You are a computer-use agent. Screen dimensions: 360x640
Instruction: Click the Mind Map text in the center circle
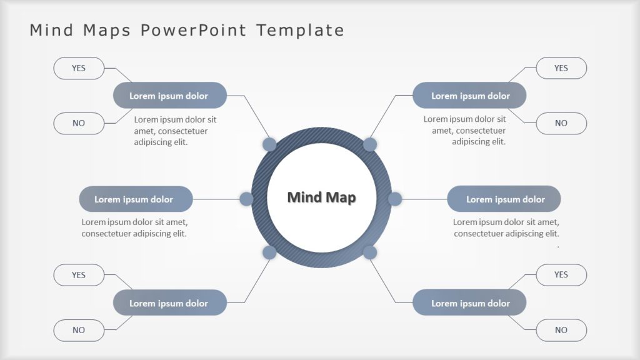321,197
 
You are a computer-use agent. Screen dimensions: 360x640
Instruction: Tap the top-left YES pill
79,68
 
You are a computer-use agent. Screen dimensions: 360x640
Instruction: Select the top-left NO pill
79,123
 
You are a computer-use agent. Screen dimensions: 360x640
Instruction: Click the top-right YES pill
561,68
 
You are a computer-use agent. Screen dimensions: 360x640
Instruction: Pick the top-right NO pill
561,123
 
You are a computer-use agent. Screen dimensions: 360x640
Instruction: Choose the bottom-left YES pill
79,275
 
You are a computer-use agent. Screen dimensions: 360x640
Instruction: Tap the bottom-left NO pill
79,330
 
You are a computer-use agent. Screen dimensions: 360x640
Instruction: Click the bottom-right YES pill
561,275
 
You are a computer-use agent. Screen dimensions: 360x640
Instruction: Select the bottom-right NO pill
561,330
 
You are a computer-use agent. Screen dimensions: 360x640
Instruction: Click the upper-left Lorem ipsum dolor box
169,96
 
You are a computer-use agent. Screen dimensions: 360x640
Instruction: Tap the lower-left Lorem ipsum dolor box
169,303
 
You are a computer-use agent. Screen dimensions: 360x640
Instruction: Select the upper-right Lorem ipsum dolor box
470,96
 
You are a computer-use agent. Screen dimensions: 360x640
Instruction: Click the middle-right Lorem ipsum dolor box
504,199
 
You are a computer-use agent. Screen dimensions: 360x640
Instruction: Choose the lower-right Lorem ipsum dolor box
470,303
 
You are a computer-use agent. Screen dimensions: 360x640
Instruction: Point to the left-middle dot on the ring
247,199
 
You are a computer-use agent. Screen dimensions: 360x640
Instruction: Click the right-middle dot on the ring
395,199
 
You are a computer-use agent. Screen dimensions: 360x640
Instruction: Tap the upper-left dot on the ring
269,145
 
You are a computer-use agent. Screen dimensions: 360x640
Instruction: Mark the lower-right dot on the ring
370,252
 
